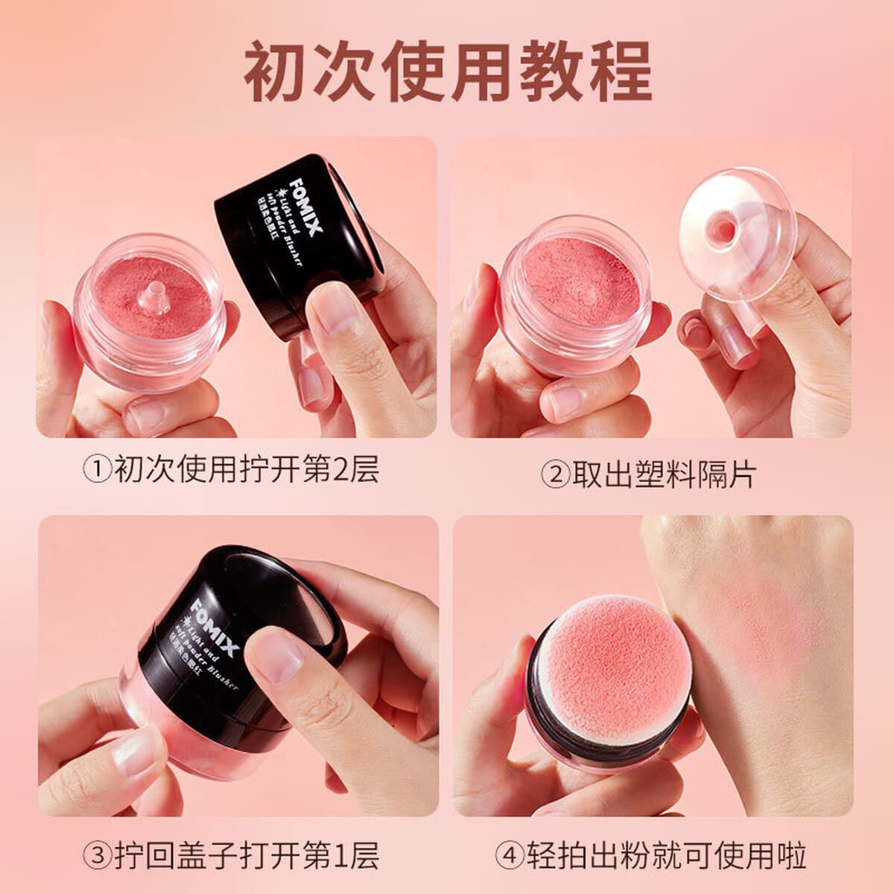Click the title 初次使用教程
[447, 72]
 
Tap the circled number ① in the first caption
[96, 472]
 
